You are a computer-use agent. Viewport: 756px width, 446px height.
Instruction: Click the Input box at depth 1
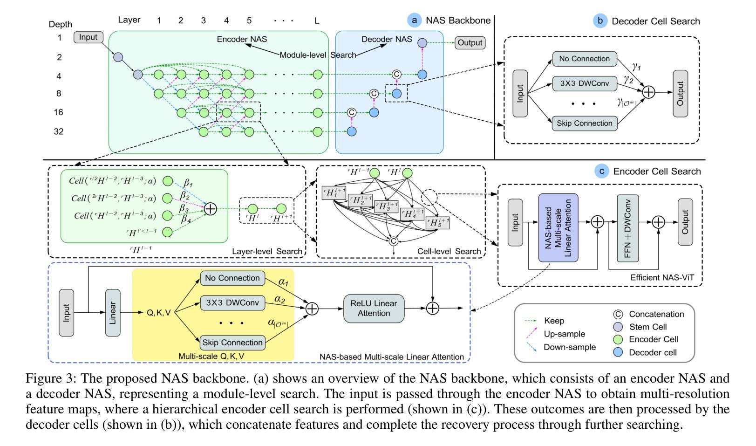click(x=88, y=37)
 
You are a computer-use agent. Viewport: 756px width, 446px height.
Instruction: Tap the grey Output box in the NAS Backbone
click(x=470, y=43)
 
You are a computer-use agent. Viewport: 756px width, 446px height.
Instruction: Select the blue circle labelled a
click(x=414, y=20)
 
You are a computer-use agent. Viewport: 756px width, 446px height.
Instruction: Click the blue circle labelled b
click(x=599, y=21)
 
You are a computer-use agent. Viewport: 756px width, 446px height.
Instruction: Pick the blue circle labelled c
click(x=602, y=171)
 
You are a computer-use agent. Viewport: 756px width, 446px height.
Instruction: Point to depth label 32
click(x=59, y=132)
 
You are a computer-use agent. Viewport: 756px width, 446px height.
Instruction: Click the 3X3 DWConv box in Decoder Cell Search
click(x=585, y=84)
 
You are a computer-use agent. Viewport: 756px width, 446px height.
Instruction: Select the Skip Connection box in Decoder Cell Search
click(x=585, y=124)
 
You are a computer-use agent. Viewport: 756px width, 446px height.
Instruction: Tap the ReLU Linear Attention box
click(x=374, y=309)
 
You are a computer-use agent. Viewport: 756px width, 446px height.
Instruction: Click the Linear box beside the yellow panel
click(x=113, y=313)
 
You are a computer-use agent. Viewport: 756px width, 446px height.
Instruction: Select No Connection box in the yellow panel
click(x=232, y=278)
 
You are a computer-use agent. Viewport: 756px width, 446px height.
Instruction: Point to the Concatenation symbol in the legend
click(x=618, y=315)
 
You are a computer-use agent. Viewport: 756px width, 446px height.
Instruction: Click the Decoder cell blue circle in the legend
click(x=618, y=353)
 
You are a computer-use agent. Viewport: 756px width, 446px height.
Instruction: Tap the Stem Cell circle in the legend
click(x=618, y=327)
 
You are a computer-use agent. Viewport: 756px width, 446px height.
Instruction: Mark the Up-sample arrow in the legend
click(x=531, y=334)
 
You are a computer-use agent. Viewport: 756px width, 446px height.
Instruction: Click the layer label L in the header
click(x=317, y=21)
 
